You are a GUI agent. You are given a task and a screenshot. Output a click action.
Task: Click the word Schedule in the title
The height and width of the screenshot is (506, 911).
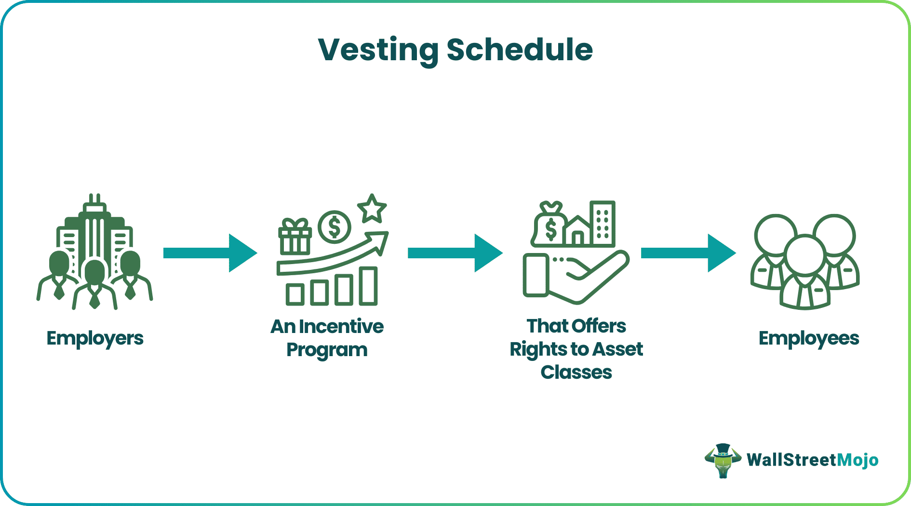click(519, 50)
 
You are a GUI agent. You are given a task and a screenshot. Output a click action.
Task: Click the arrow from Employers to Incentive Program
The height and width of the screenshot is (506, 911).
click(210, 253)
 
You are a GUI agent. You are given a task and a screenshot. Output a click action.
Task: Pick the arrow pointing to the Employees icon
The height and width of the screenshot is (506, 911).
click(688, 253)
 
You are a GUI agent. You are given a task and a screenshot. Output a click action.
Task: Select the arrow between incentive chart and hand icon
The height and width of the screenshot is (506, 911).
click(455, 253)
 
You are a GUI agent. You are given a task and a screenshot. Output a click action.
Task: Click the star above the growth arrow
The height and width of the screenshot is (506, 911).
click(372, 209)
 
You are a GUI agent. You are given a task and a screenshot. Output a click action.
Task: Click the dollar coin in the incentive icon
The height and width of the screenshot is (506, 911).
click(335, 227)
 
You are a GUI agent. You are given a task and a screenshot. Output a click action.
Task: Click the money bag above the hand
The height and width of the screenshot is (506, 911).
click(549, 226)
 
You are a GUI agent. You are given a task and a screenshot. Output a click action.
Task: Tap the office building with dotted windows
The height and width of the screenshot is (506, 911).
click(603, 223)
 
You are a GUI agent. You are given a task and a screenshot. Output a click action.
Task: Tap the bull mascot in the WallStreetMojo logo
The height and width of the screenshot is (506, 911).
click(722, 461)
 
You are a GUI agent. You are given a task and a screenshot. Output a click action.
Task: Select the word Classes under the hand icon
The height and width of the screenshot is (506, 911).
click(576, 373)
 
